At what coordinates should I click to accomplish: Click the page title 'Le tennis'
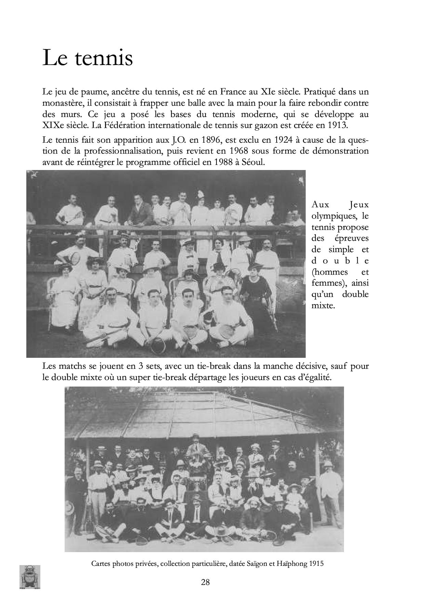pyautogui.click(x=88, y=58)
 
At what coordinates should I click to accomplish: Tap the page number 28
pyautogui.click(x=206, y=582)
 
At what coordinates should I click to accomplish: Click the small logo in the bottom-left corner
pyautogui.click(x=30, y=577)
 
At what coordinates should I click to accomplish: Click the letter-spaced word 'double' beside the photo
pyautogui.click(x=340, y=261)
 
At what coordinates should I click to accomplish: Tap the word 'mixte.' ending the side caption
pyautogui.click(x=323, y=305)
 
